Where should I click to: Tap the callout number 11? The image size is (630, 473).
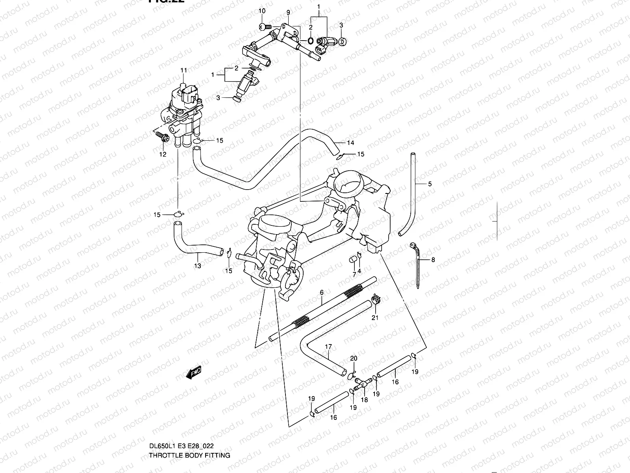click(183, 71)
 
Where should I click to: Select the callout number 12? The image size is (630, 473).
click(163, 154)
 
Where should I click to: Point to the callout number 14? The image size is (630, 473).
click(350, 142)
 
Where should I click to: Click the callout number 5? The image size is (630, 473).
click(430, 184)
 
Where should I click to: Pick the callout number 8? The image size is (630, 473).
click(433, 260)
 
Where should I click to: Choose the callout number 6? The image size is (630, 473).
click(322, 292)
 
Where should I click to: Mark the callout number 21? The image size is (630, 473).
click(375, 318)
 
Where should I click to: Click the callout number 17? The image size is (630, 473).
click(328, 347)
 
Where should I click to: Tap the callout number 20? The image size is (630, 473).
click(354, 358)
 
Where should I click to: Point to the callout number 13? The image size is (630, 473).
click(197, 266)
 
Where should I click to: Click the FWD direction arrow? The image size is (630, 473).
click(194, 372)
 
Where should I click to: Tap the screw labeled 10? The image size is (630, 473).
click(265, 27)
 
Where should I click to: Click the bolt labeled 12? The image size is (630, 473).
click(163, 137)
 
